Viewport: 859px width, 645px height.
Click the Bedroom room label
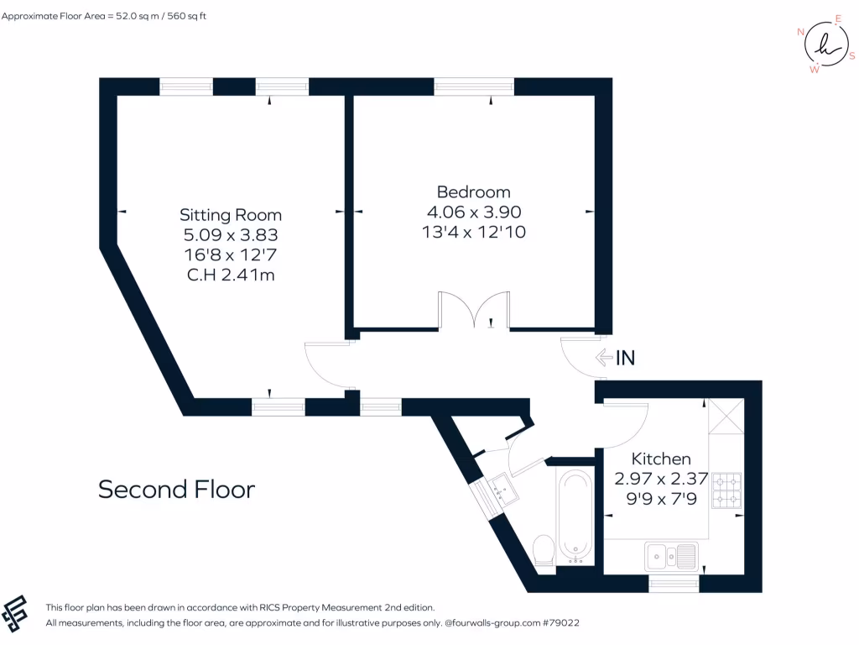pos(473,191)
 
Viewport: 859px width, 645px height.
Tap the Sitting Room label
pos(231,215)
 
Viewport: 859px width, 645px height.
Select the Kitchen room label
pos(661,459)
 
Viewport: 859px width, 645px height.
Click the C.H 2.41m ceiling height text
pos(231,274)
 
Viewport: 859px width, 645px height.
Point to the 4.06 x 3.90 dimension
pos(473,212)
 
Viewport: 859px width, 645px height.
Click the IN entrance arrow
pos(615,358)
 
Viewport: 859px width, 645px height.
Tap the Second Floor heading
pos(176,489)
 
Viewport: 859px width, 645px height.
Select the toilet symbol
pos(544,550)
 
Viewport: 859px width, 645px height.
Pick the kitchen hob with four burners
pos(726,491)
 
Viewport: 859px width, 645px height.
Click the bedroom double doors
pos(474,311)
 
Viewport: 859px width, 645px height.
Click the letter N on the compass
pos(801,32)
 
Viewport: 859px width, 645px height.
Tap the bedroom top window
pos(474,87)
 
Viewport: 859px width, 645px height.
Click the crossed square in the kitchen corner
pos(725,416)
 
